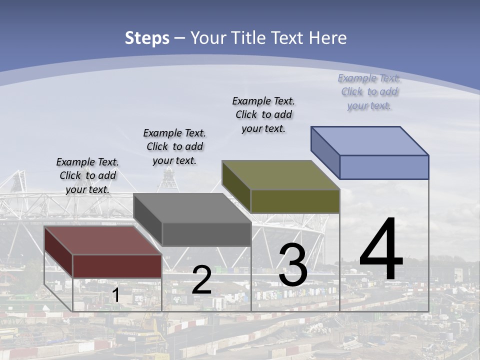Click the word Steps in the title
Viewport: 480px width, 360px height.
(147, 38)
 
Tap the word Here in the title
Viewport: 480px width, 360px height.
(327, 38)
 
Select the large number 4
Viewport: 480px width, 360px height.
(381, 250)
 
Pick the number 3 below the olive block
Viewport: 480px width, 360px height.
(293, 265)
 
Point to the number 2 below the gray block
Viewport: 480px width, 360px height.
(201, 280)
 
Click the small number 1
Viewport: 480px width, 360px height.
(115, 295)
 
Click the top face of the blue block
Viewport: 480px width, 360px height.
(370, 140)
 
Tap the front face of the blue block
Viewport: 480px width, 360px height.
(384, 167)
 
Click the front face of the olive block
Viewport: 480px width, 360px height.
(295, 201)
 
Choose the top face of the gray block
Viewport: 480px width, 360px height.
(192, 208)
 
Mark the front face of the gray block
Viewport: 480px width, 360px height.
(206, 234)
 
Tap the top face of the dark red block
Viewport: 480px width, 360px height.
(103, 240)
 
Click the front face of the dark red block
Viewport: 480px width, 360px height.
(117, 266)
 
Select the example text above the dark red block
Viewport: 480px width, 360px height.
(87, 175)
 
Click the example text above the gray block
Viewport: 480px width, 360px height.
(174, 146)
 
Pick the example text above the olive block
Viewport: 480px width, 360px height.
(263, 114)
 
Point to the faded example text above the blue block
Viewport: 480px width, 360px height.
(369, 91)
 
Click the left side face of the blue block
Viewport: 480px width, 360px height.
(325, 150)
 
